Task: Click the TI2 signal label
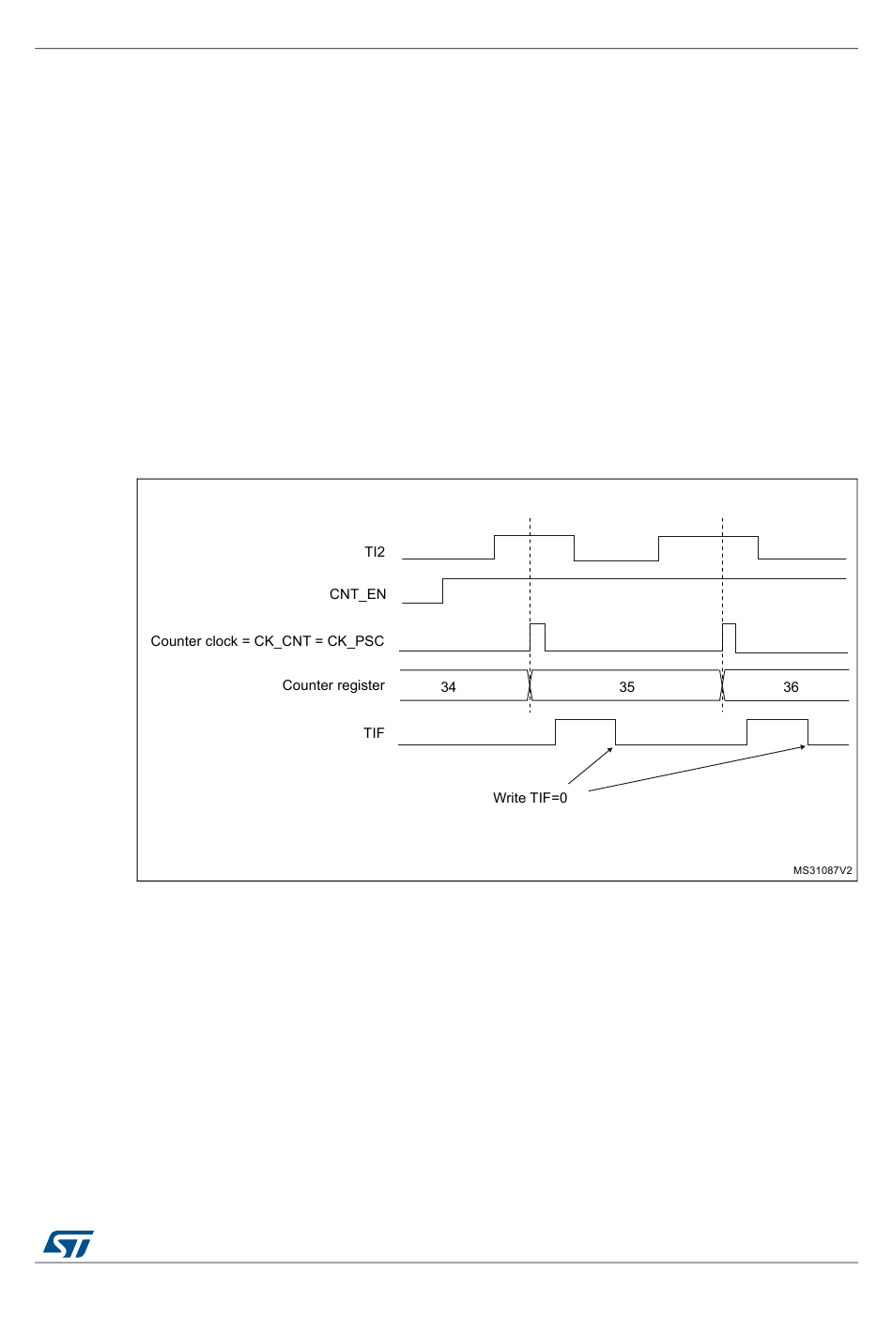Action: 375,552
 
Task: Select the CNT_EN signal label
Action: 358,594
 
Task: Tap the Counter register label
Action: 333,685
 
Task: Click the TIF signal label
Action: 374,732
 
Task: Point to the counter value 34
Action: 448,687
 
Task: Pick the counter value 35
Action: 626,687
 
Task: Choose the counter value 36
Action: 791,687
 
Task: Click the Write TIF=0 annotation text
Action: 530,797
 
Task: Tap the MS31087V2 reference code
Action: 823,870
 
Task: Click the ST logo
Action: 68,1244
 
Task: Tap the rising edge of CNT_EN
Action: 443,590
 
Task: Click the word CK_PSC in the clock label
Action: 355,641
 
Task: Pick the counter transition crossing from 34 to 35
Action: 530,685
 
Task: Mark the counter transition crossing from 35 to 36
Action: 722,685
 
